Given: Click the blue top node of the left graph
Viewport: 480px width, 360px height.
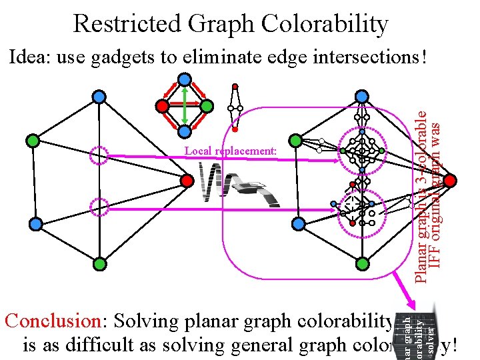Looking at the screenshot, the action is (x=99, y=97).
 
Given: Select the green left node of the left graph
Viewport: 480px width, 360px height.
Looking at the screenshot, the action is (x=31, y=141).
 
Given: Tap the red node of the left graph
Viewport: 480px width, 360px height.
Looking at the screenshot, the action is (x=187, y=180).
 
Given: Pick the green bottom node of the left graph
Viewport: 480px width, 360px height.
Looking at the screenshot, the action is (x=99, y=264).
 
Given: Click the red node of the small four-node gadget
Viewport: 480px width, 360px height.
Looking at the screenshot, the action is (x=162, y=105).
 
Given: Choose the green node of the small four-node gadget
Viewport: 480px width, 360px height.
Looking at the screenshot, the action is (x=207, y=105).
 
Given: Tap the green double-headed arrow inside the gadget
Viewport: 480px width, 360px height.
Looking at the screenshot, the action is (x=185, y=105).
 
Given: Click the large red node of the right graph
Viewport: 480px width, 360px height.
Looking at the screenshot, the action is (x=451, y=180).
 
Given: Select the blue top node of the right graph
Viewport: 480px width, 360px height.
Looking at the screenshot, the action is (x=361, y=97).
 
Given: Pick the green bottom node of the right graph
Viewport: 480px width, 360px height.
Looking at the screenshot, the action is (x=361, y=264).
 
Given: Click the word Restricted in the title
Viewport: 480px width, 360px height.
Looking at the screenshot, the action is (x=125, y=24).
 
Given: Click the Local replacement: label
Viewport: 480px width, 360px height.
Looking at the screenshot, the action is (x=231, y=151).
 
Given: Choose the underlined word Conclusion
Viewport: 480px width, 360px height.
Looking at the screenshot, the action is (x=52, y=321).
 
